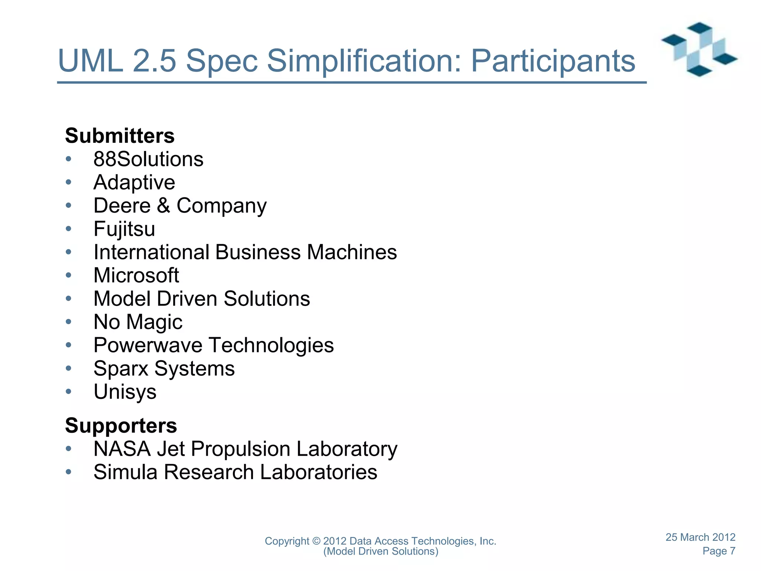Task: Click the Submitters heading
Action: pos(120,136)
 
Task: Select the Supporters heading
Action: pos(121,425)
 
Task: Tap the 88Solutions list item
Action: pos(148,159)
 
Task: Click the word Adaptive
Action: pos(134,183)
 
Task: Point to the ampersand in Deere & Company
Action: pos(163,206)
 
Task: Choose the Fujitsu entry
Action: pos(124,229)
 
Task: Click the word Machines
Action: pos(352,252)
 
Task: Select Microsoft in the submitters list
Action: pos(136,275)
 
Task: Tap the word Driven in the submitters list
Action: pos(187,299)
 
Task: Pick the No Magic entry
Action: pos(138,322)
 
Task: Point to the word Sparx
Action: pos(121,368)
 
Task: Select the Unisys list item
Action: pos(125,392)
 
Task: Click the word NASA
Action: pos(122,449)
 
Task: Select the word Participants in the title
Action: pos(553,61)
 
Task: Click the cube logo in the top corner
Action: pos(699,49)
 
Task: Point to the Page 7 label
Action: pos(719,551)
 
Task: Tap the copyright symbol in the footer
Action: pos(316,541)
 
